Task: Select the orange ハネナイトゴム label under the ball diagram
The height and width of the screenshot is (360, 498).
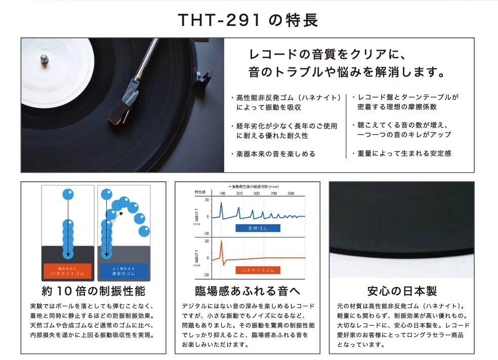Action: (67, 271)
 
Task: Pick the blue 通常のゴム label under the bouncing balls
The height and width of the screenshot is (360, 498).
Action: (123, 271)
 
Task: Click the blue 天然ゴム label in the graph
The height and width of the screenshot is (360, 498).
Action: (257, 228)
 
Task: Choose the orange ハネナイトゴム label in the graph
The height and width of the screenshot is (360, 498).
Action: (257, 270)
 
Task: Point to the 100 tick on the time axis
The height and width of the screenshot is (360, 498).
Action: (222, 193)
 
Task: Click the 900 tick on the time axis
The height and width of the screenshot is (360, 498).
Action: (290, 193)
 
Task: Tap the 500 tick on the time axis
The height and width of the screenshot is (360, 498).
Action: (256, 193)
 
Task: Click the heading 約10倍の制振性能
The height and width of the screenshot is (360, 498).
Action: (94, 291)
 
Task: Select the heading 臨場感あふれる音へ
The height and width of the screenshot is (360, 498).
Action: (247, 291)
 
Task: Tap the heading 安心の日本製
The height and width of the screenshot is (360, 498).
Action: (402, 291)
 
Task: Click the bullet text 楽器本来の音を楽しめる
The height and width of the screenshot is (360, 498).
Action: (275, 153)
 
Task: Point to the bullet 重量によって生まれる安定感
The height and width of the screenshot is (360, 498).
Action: (404, 153)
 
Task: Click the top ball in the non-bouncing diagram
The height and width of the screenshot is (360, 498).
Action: (68, 194)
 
